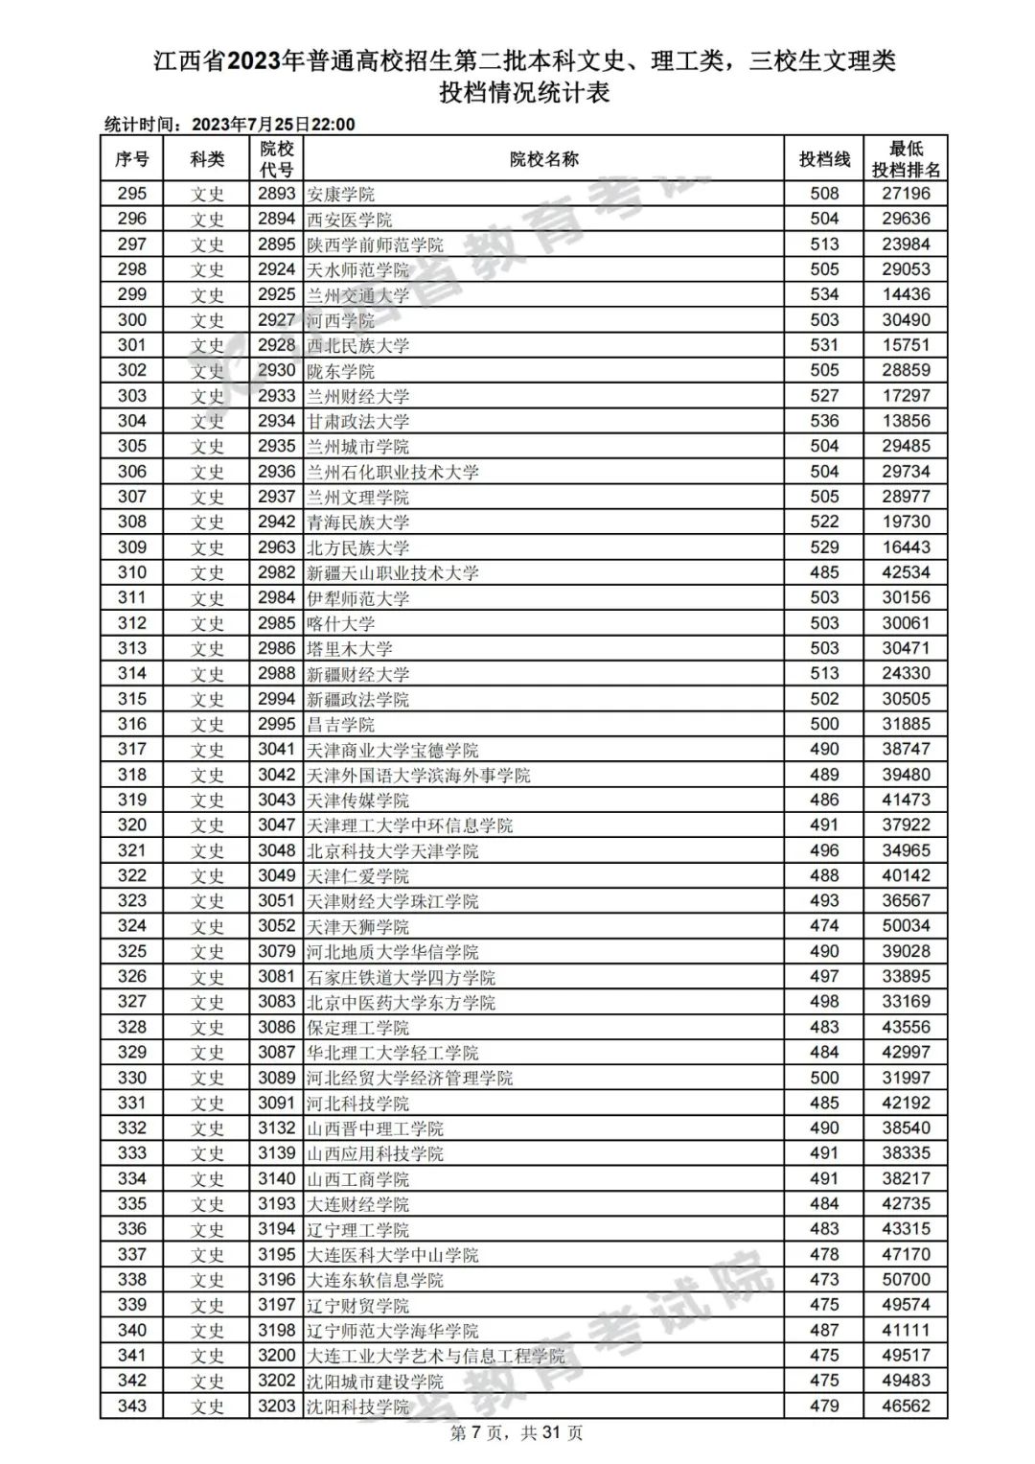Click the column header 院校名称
coord(543,159)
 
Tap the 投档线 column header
coord(824,159)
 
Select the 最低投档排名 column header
coord(906,159)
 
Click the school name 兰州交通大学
coord(357,295)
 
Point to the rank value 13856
coord(906,421)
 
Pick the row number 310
coord(132,572)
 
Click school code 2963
coord(276,547)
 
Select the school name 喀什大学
coord(340,623)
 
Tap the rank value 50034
coord(906,926)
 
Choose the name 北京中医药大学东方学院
coord(401,1002)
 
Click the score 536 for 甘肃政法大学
coord(824,421)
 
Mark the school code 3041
coord(276,750)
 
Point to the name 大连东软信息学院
coord(375,1280)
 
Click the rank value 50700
coord(906,1280)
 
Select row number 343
coord(132,1406)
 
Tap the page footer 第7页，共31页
coord(517,1433)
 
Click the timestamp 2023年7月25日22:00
coord(273,125)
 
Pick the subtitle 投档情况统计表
coord(524,93)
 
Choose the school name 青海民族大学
coord(357,523)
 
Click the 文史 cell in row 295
coord(207,194)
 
